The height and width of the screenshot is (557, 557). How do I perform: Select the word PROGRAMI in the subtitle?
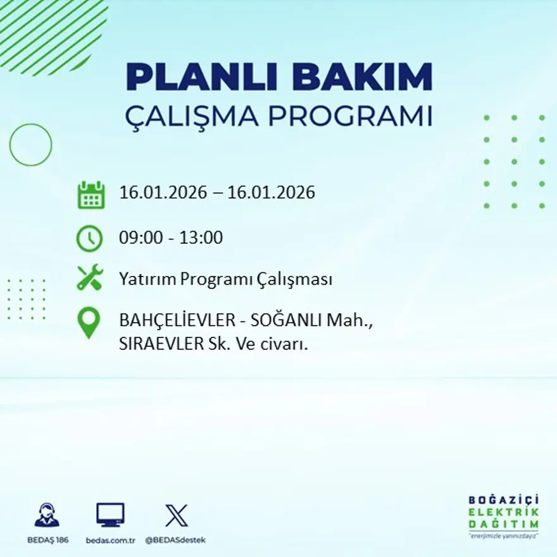352,117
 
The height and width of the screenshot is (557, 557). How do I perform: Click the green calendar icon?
91,195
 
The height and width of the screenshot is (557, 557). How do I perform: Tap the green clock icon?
89,238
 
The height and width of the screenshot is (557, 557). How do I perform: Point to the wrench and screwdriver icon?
89,278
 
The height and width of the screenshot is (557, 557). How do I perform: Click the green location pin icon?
89,322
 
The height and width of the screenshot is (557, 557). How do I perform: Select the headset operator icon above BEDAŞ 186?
46,515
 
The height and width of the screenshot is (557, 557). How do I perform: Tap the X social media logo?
176,515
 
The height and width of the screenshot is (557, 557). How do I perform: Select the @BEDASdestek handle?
175,540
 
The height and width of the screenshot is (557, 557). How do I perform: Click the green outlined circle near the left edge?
30,145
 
